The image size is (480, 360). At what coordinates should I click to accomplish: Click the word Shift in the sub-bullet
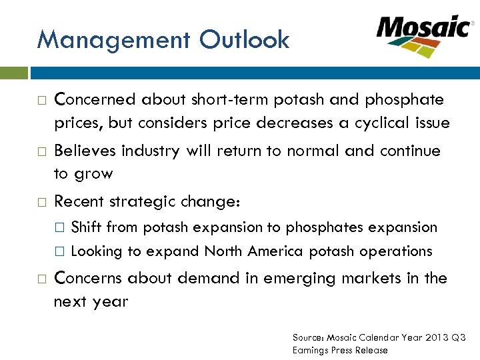coord(86,227)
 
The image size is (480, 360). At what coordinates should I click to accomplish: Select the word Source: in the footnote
coord(309,337)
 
